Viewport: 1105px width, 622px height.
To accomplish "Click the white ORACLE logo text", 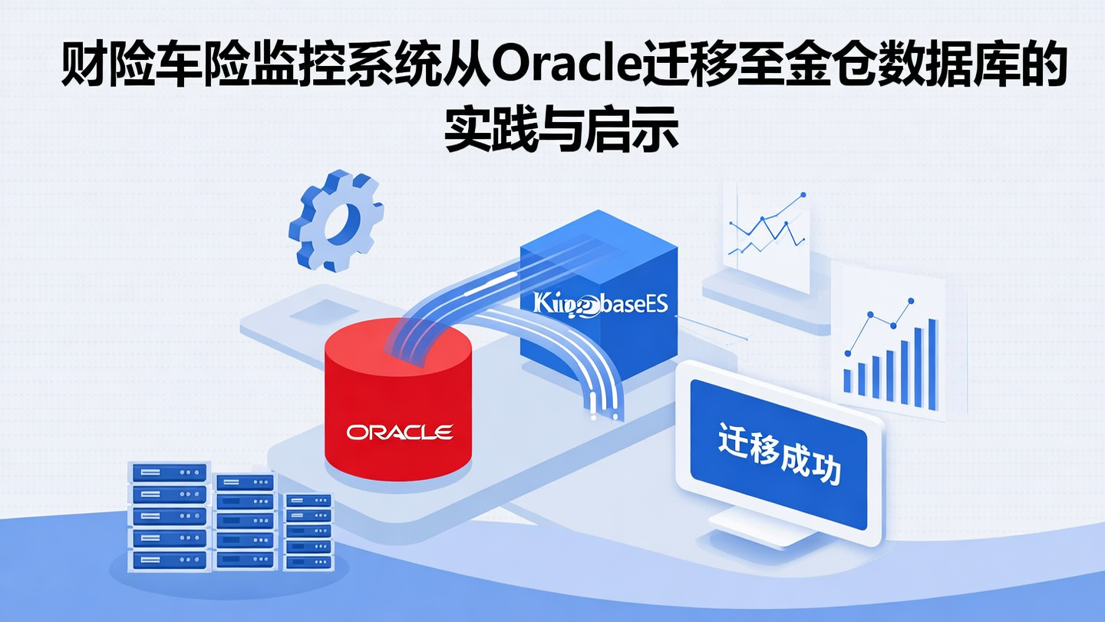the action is click(399, 432).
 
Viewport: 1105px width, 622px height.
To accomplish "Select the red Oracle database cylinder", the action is click(398, 407).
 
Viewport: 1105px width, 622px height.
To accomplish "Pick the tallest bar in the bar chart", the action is click(932, 364).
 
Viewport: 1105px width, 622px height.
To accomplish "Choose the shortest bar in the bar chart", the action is click(848, 381).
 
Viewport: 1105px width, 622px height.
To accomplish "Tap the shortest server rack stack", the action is click(308, 531).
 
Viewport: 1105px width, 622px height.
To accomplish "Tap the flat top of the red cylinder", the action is click(398, 346).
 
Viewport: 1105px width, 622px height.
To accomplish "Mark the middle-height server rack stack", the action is click(244, 522).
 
